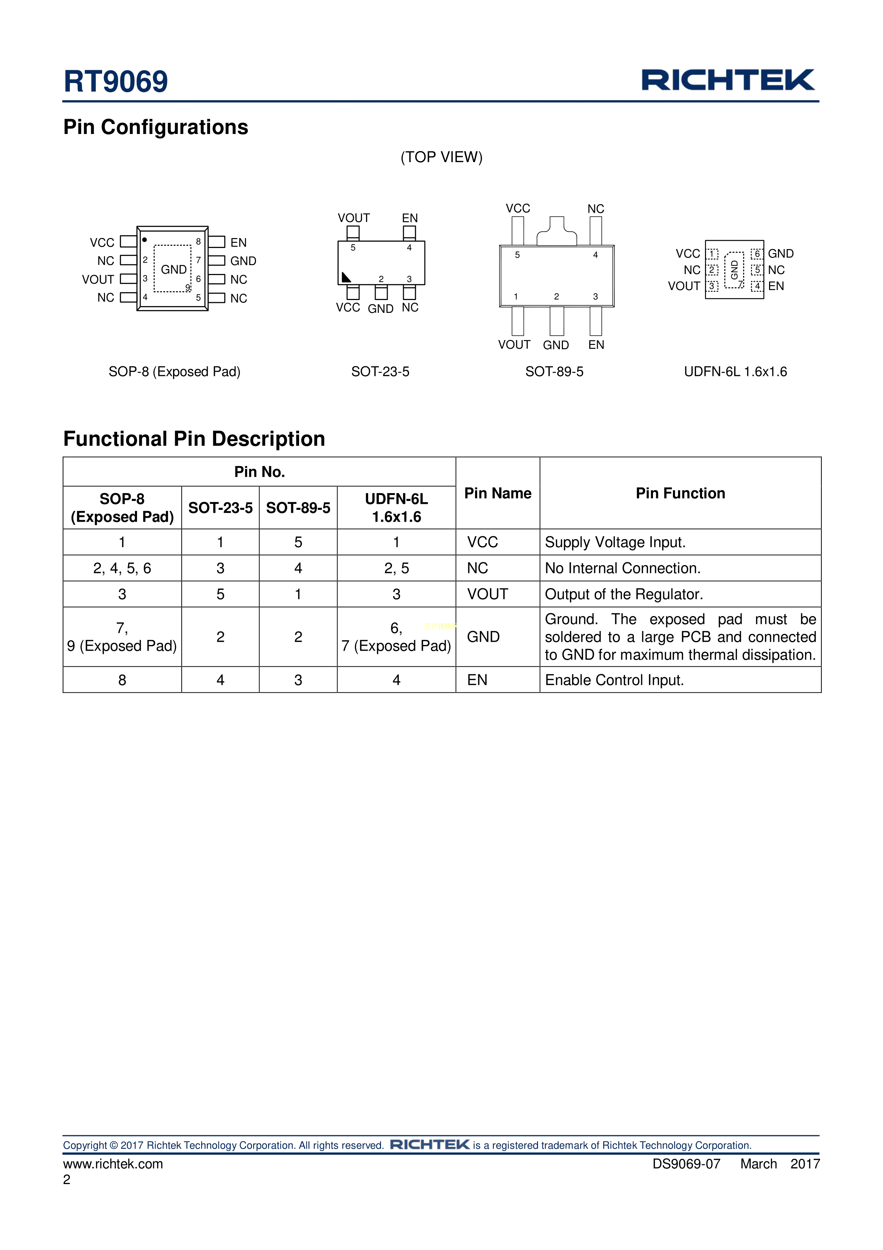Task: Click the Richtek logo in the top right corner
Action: (x=728, y=80)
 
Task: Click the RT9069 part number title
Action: (x=115, y=82)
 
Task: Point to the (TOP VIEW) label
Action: (x=441, y=157)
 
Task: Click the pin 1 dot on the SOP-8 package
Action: (x=145, y=239)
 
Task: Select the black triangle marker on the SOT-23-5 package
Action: (x=345, y=278)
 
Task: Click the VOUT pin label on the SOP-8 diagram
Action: (x=98, y=279)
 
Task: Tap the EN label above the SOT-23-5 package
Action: (x=410, y=218)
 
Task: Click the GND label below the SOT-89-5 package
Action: (x=555, y=345)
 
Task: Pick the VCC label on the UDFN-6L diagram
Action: (x=688, y=254)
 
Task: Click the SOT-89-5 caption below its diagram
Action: (x=554, y=372)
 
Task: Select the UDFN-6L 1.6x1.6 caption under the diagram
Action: (x=735, y=372)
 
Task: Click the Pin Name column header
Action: (x=497, y=493)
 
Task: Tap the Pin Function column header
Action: (x=680, y=493)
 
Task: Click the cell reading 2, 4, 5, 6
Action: (x=122, y=568)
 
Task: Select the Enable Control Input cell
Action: (x=614, y=680)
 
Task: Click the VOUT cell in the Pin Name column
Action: (x=487, y=594)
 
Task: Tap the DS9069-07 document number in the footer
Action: (x=686, y=1164)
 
